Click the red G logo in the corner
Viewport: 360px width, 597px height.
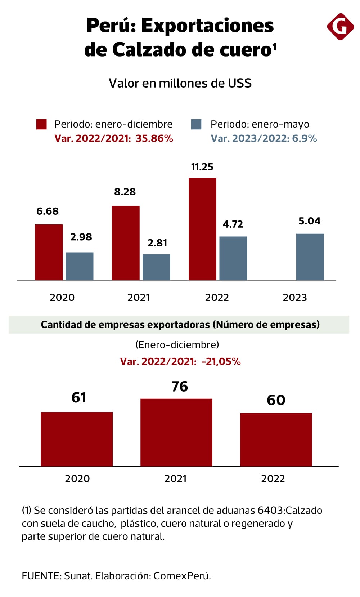coord(340,26)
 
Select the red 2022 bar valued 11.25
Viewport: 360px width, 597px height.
coord(202,229)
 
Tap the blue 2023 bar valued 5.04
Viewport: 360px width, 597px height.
coord(310,257)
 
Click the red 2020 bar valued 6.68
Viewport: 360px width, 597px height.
coord(49,252)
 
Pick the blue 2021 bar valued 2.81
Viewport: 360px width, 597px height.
coord(156,267)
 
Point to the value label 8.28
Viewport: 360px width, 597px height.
coord(125,192)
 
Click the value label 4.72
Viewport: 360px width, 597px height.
coord(233,224)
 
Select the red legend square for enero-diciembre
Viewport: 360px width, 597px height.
coord(41,124)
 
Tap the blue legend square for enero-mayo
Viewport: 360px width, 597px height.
coord(196,124)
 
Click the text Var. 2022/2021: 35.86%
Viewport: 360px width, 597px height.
coord(114,138)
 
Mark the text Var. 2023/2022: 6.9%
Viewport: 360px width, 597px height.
coord(264,138)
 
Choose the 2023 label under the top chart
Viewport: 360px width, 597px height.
coord(294,298)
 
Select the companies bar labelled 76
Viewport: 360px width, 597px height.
coord(176,432)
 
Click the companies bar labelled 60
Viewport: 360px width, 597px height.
coord(276,439)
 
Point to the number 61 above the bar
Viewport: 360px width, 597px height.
coord(79,398)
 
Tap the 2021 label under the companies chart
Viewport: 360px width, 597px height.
coord(175,478)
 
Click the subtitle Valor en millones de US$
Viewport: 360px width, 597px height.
coord(180,83)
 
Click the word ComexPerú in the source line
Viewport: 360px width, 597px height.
coord(182,576)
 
